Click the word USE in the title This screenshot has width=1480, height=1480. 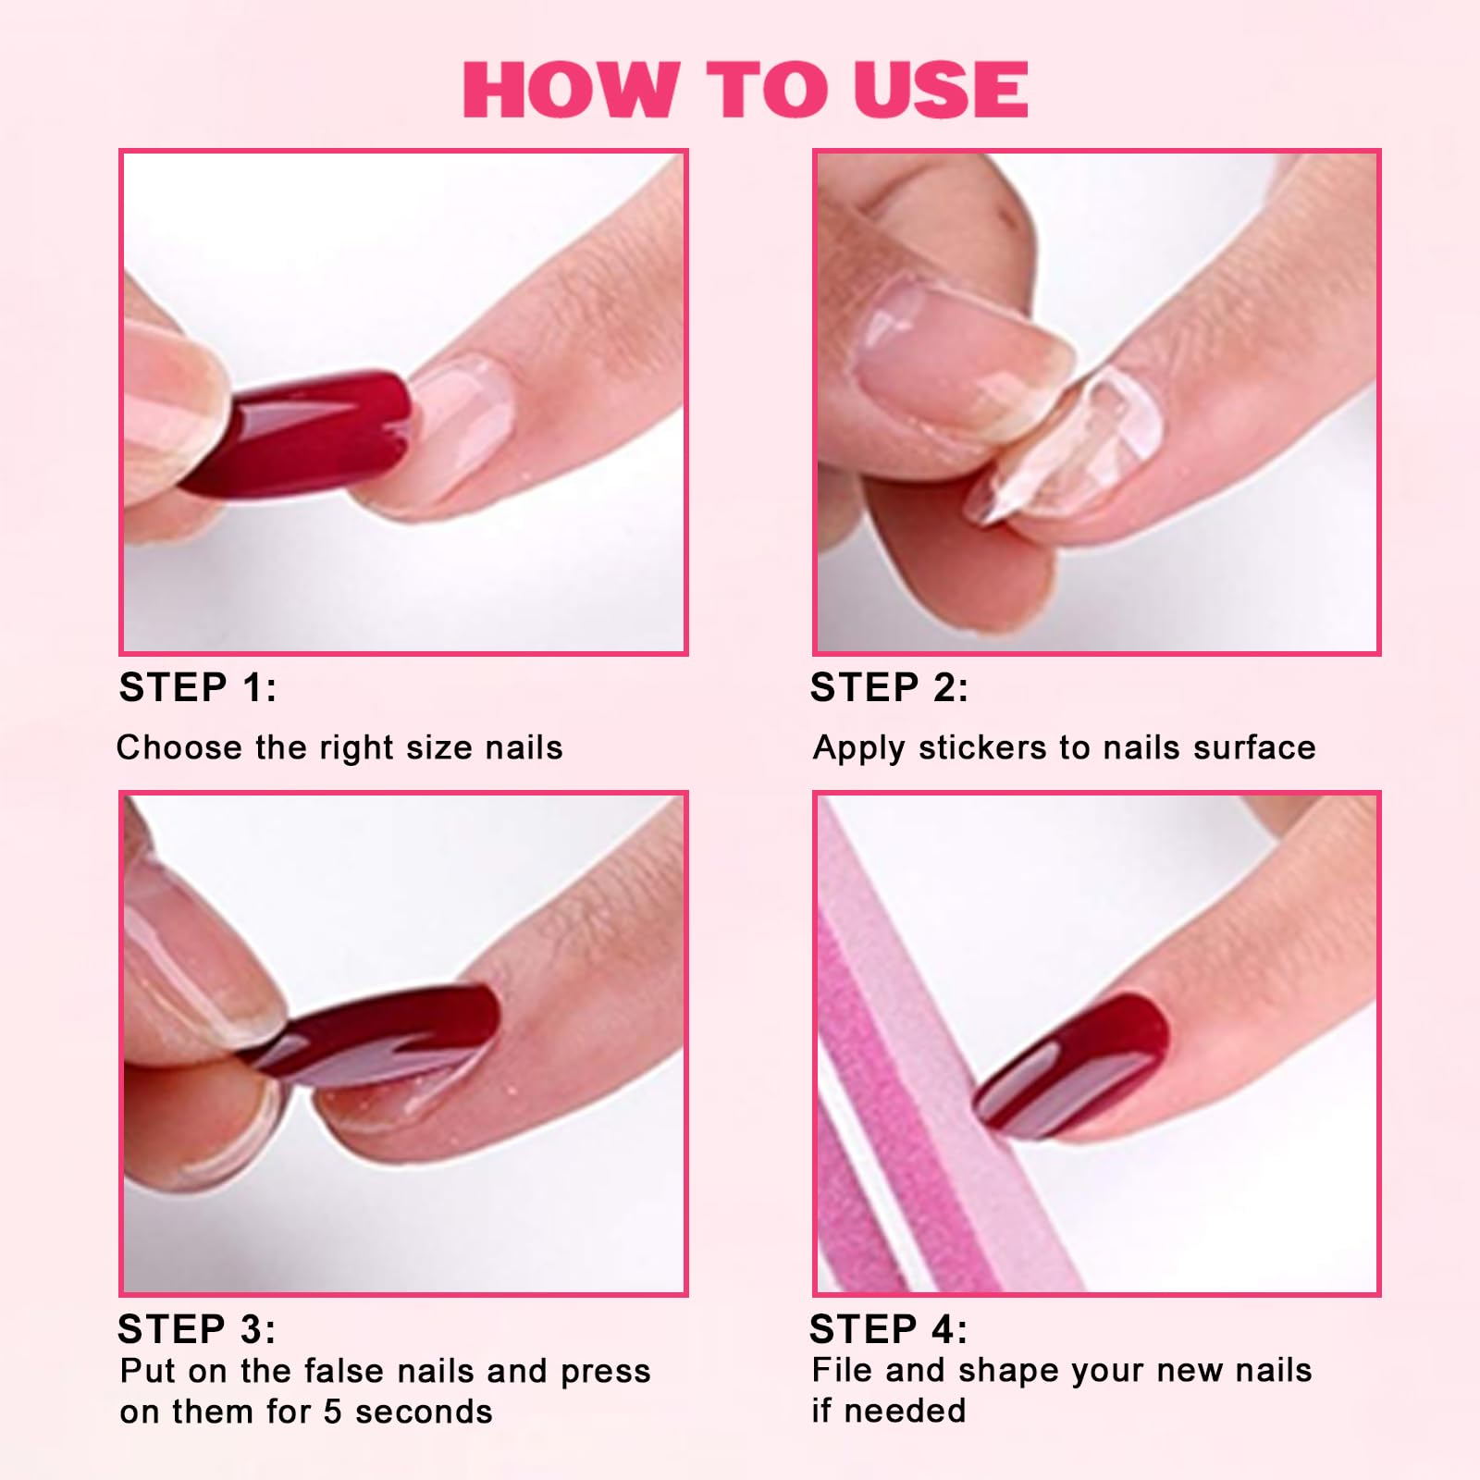pyautogui.click(x=941, y=89)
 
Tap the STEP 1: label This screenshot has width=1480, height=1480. pyautogui.click(x=198, y=687)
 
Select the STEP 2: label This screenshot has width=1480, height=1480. pyautogui.click(x=889, y=687)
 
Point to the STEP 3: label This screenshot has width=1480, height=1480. pyautogui.click(x=197, y=1329)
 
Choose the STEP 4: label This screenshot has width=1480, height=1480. pyautogui.click(x=888, y=1329)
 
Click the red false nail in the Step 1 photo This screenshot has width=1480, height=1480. pyautogui.click(x=296, y=433)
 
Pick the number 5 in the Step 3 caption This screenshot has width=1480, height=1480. pyautogui.click(x=332, y=1412)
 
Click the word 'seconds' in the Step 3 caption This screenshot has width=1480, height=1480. pyautogui.click(x=424, y=1412)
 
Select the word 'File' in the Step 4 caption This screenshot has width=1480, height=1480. pyautogui.click(x=843, y=1370)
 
